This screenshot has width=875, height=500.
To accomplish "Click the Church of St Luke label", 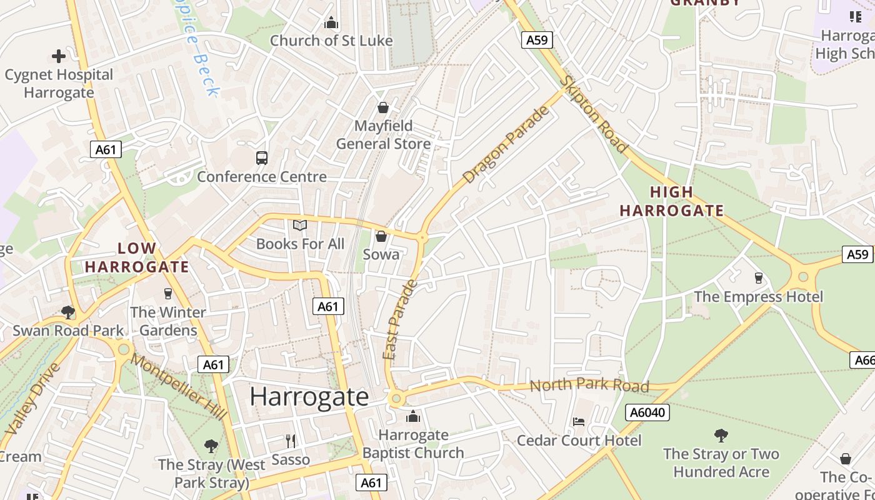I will click(x=331, y=41).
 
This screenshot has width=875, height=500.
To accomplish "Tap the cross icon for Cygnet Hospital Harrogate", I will click(x=59, y=56).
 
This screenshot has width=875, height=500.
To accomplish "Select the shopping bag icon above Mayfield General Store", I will click(x=383, y=107).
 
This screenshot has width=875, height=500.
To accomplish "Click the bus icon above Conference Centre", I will click(x=262, y=158).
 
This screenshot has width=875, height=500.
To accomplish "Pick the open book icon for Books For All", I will click(x=300, y=225).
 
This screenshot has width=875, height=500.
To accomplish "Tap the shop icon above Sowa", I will click(x=381, y=236).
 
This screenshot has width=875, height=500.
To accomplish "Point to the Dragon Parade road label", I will click(x=507, y=145).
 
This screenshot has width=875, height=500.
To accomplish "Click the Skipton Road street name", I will click(x=593, y=114).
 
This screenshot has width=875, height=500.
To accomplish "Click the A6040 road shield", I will click(x=647, y=412).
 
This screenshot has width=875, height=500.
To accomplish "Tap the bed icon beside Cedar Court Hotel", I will click(x=579, y=422).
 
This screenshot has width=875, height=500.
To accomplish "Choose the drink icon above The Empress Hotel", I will click(x=759, y=277).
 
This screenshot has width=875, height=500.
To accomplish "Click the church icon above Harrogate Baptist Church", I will click(x=412, y=416).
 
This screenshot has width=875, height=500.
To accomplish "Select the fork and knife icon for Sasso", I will click(x=291, y=441).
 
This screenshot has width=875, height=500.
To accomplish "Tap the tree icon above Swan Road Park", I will click(x=68, y=312).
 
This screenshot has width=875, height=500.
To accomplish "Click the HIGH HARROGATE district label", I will click(x=671, y=201).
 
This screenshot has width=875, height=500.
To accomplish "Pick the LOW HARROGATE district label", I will click(x=137, y=257).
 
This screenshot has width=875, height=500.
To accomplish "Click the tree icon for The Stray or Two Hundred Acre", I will click(x=721, y=435).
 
